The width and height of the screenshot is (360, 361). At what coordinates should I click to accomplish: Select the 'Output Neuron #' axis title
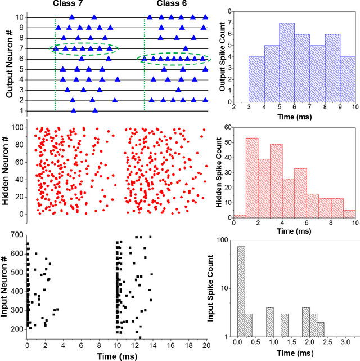pos(10,64)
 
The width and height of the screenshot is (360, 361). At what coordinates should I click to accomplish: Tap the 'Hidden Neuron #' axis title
pos(10,171)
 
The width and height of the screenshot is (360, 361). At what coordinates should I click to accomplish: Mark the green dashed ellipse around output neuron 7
pos(84,49)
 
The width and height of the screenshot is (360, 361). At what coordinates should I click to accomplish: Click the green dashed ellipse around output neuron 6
pos(174,59)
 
